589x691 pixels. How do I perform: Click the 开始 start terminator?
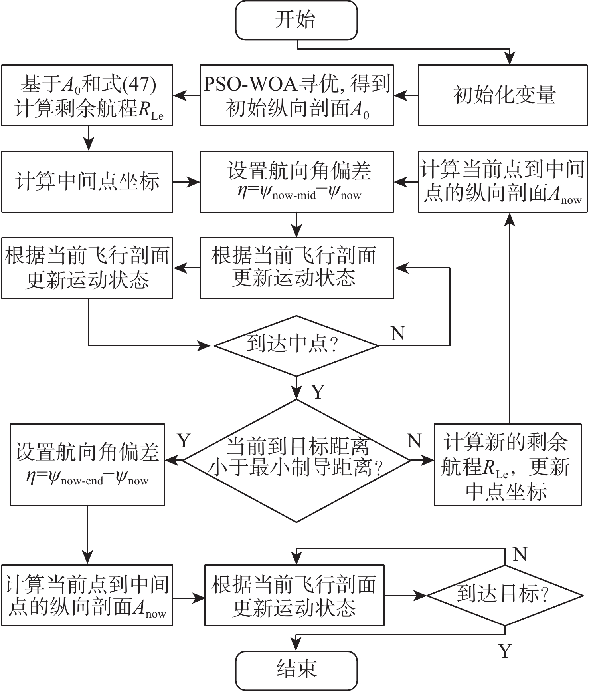(296, 20)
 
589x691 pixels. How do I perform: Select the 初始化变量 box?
(503, 95)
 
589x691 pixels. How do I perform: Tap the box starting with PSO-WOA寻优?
(296, 95)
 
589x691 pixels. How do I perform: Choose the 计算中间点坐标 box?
(87, 181)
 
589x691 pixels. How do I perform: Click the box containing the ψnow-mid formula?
(296, 181)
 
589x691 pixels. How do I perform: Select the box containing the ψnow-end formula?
(87, 465)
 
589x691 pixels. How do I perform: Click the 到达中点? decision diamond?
(296, 345)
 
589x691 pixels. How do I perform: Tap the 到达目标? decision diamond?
(504, 595)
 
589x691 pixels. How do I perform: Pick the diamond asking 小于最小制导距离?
(296, 461)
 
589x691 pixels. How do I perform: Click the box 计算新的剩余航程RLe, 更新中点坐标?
(507, 465)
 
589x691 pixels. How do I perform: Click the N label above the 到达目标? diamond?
(520, 554)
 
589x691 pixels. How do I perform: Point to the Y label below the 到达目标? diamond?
(505, 651)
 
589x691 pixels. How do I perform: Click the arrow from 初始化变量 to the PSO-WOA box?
(405, 95)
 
